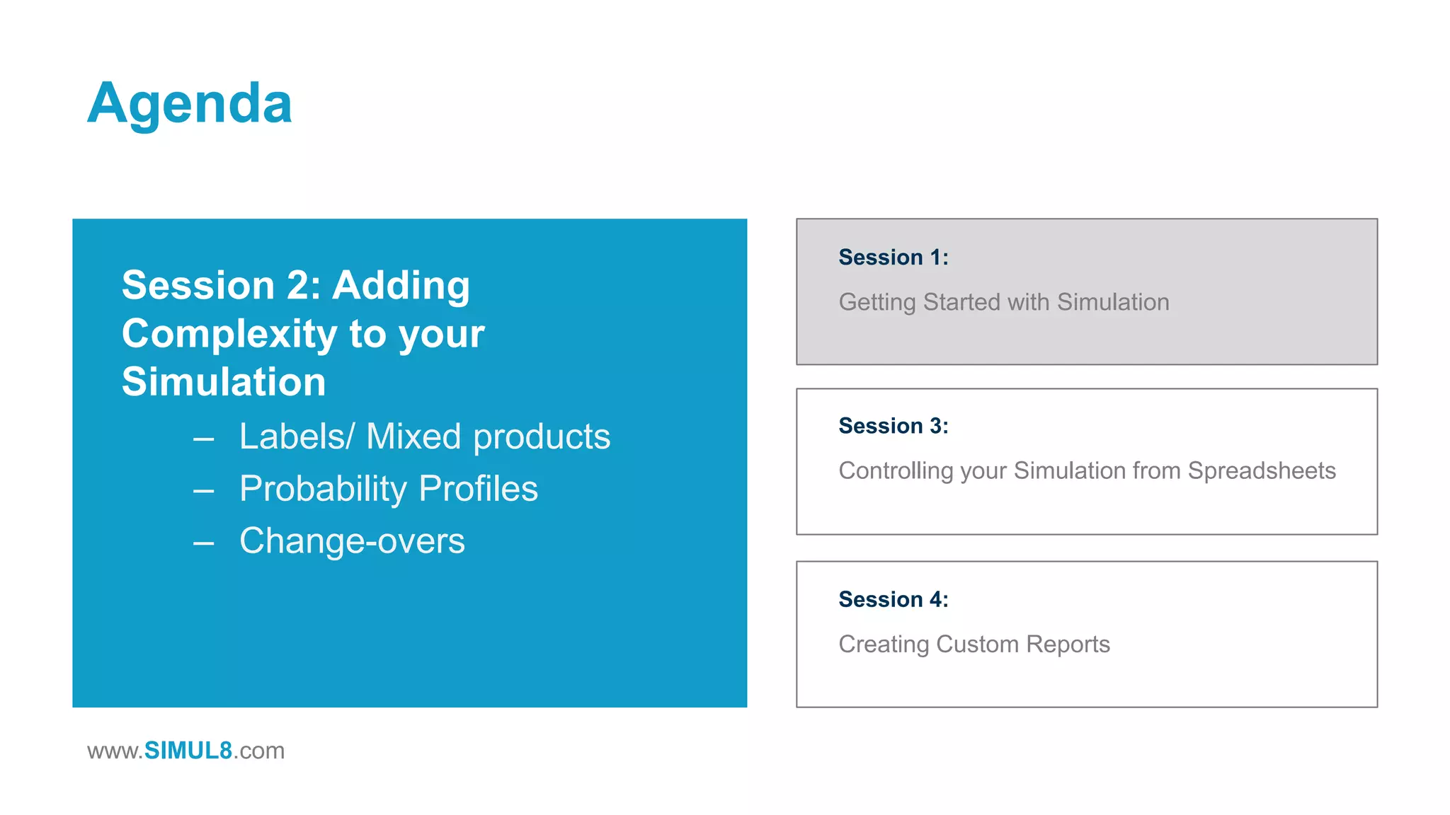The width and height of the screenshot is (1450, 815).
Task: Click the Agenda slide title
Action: coord(189,104)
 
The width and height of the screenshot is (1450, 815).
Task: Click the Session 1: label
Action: coord(893,257)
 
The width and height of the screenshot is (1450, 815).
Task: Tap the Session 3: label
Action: coord(893,426)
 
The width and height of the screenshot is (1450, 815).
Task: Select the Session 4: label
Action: coord(893,599)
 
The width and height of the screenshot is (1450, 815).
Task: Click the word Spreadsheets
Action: coord(1261,471)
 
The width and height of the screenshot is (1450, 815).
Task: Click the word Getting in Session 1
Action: coord(877,303)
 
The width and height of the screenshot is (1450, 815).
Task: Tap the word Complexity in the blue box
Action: coord(229,334)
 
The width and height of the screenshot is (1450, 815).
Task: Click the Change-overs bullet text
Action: coord(352,541)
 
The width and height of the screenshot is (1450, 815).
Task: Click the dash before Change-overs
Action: coord(204,543)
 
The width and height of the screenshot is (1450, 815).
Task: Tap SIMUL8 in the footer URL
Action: coord(188,751)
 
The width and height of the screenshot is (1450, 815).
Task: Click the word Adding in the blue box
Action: coord(401,285)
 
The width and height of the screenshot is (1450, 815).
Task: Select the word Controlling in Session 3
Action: coord(896,471)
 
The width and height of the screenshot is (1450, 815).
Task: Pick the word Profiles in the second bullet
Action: coord(478,489)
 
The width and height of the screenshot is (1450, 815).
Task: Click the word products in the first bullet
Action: coord(541,437)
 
